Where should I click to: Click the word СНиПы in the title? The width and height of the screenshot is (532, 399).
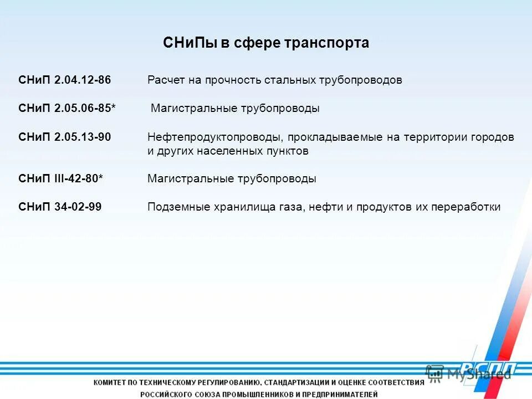190,43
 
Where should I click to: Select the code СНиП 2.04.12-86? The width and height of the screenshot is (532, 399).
64,80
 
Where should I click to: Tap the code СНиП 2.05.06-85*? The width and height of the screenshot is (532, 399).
67,109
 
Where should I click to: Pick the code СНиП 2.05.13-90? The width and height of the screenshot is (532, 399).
64,137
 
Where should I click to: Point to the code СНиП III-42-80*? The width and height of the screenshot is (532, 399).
60,178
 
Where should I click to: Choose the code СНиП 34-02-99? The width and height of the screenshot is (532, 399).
60,207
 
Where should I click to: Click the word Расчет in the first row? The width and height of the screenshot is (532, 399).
166,80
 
